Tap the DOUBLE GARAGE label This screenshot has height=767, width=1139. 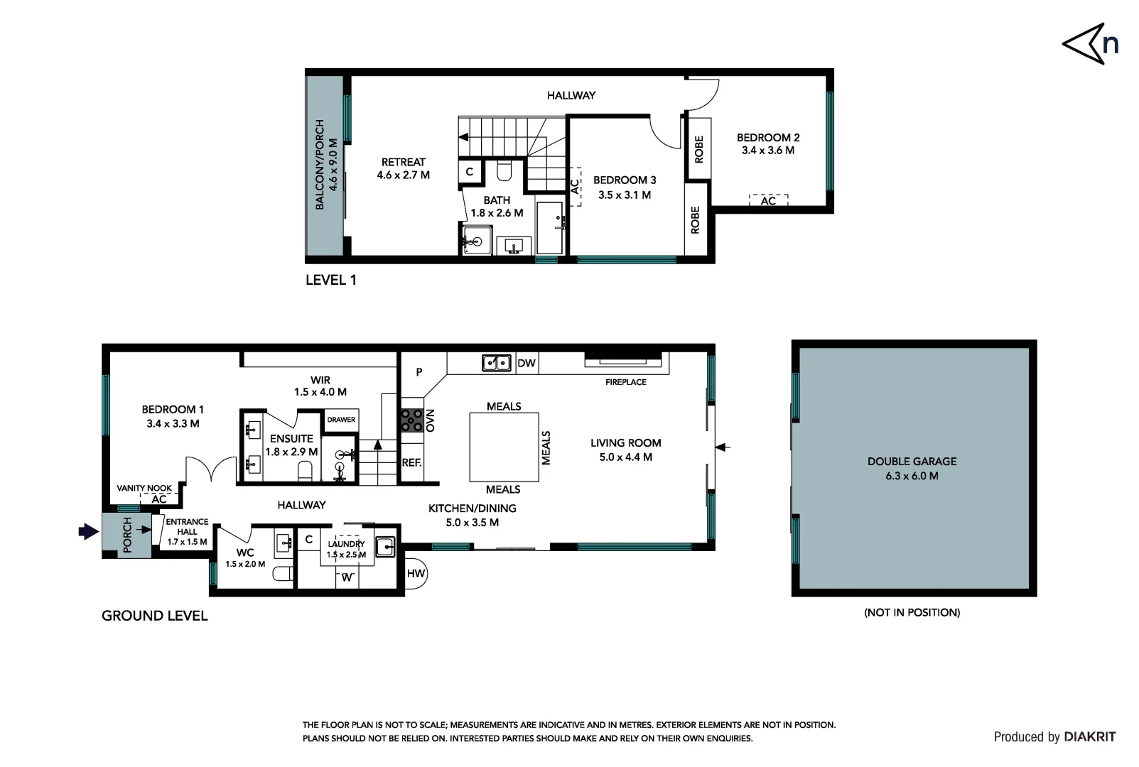coord(912,462)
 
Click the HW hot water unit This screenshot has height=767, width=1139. coord(416,573)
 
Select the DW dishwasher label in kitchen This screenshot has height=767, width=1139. coord(527,363)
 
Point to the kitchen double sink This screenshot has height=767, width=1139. coord(497,363)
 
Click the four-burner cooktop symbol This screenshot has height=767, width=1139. coord(412,420)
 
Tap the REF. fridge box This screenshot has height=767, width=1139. coord(412,462)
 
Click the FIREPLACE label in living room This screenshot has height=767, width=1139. coord(626,382)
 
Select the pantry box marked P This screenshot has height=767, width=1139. coord(419,371)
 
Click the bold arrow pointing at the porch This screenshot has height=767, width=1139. coord(88,531)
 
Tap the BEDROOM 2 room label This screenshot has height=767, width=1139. coord(768,138)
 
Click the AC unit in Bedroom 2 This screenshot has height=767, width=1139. coord(768,200)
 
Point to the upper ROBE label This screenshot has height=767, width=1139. coord(699,149)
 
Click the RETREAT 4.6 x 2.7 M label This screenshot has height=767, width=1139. coord(404,168)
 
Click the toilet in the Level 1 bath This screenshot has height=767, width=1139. coord(504,171)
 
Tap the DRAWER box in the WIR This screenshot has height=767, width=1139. coord(341,420)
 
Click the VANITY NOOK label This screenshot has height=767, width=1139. coord(144,488)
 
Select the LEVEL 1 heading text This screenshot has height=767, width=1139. coord(331,280)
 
